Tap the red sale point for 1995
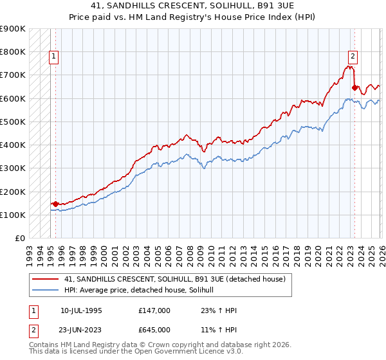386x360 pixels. (56, 204)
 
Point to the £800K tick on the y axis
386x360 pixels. (13, 51)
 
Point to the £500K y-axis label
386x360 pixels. (13, 122)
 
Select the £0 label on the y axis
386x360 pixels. (19, 238)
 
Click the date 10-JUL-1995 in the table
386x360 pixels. (81, 310)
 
